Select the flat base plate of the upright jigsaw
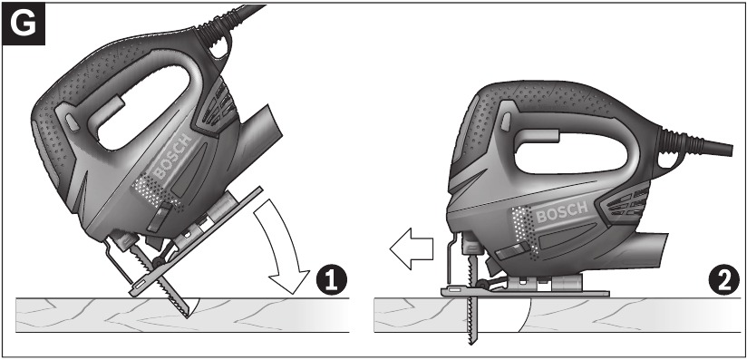[x=526, y=291]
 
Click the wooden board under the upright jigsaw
[x=616, y=316]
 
